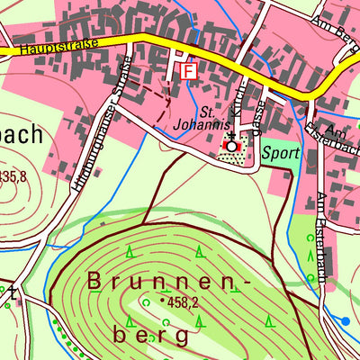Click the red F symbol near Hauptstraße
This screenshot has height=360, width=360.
click(188, 70)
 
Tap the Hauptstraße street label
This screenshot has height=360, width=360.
click(57, 44)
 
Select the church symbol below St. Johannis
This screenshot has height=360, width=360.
click(232, 145)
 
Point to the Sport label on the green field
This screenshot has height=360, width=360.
click(280, 153)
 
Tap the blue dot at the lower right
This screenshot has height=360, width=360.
click(346, 320)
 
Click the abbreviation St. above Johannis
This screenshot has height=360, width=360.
click(205, 112)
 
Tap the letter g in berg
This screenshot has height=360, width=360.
click(183, 337)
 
